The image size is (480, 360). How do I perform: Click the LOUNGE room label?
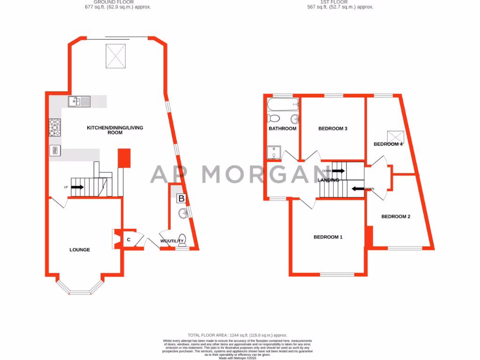point(80,250)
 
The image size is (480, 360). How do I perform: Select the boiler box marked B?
point(181,198)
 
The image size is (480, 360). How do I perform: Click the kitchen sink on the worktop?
point(79,101)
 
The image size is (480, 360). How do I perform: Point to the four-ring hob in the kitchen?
point(55,127)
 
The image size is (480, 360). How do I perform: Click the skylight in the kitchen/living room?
point(116,55)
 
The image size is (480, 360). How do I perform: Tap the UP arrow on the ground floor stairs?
point(77,187)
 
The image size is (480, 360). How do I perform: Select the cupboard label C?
point(128,240)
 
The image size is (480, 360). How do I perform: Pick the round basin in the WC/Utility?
point(183,214)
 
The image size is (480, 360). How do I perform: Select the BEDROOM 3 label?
point(332,128)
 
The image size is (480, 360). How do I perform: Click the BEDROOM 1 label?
point(328,237)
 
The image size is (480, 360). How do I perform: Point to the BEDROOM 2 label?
point(396,217)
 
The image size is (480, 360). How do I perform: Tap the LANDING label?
point(328,180)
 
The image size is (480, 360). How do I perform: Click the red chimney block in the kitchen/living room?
point(124,158)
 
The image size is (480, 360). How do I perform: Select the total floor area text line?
point(237,335)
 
